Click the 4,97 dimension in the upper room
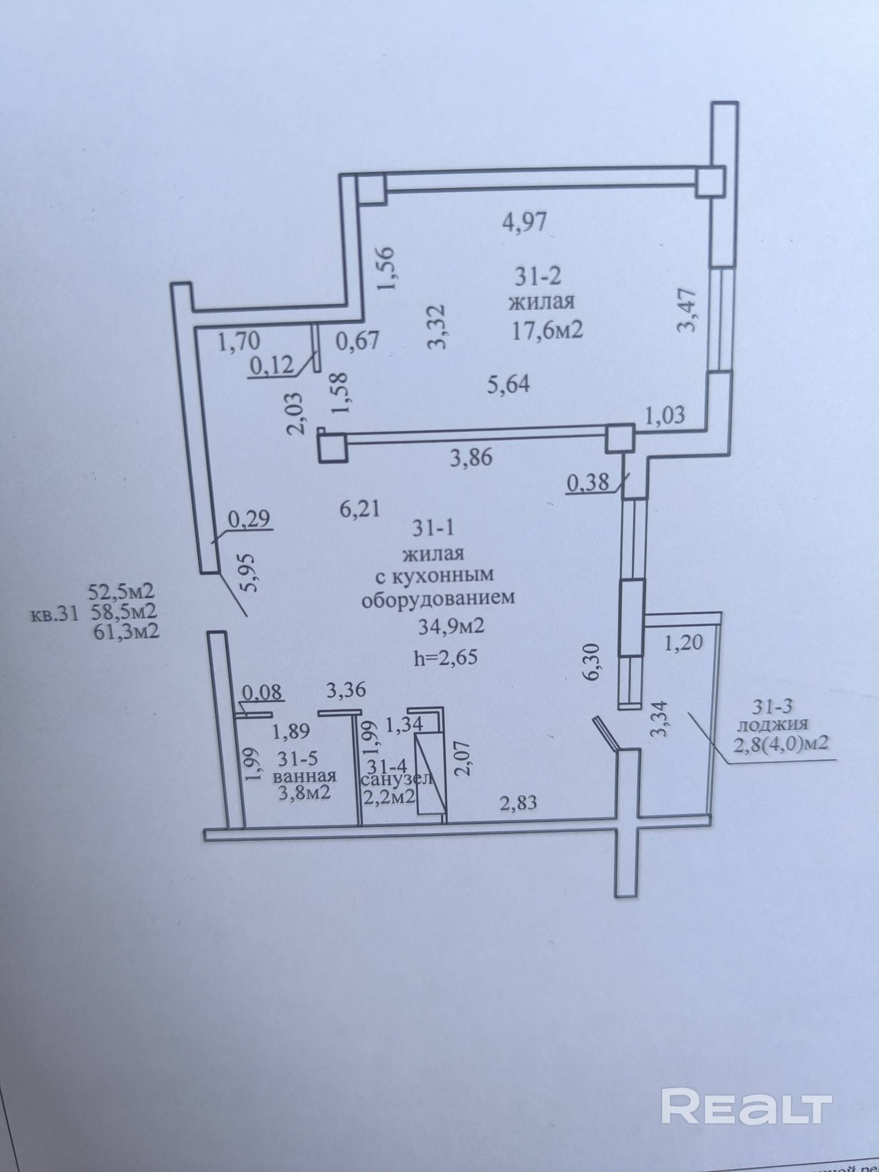point(525,223)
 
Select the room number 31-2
point(538,277)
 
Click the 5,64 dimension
point(509,384)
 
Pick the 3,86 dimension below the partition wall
point(470,457)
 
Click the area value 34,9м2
point(451,626)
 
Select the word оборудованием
point(437,597)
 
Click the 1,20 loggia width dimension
point(684,642)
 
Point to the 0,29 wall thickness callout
point(251,518)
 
